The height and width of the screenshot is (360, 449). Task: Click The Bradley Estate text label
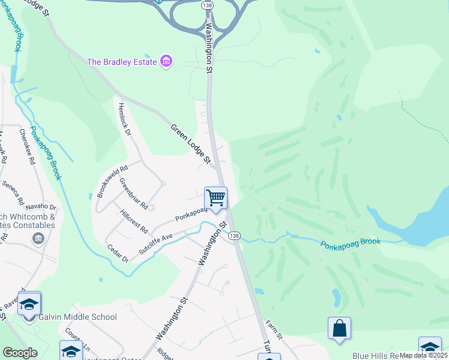(x=122, y=62)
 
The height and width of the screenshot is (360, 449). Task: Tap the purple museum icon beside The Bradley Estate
(x=166, y=61)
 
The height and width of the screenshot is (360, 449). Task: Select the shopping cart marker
(x=215, y=198)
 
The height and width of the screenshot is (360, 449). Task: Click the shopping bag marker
(x=339, y=328)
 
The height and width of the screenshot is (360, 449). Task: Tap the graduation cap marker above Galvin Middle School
(x=29, y=304)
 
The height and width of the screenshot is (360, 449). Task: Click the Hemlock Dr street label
(x=124, y=119)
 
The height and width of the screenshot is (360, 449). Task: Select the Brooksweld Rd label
(x=112, y=182)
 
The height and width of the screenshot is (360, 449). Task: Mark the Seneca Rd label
(x=12, y=191)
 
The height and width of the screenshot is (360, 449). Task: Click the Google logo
(x=20, y=353)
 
